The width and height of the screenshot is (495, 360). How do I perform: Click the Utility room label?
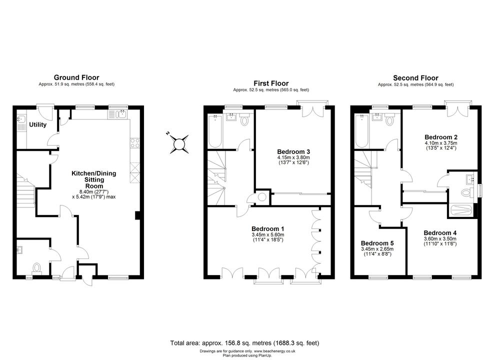pos(38,124)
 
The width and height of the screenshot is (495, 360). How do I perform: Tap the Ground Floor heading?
pos(76,77)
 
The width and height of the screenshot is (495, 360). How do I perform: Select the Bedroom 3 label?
pos(293,151)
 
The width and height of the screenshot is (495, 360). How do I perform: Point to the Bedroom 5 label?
pos(377,243)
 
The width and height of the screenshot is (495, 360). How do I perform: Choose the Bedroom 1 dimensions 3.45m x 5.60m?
pos(268,234)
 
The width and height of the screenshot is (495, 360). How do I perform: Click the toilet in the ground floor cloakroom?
pos(37,268)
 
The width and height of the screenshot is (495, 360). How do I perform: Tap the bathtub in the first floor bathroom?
pos(215,131)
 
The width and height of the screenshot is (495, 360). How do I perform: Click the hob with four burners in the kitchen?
pos(135,143)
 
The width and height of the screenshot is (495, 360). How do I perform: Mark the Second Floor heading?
pos(416,78)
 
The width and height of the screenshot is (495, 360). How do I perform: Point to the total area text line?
pos(244,342)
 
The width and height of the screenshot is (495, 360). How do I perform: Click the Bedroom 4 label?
pos(440,232)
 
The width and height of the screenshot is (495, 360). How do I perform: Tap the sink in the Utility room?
pos(21,119)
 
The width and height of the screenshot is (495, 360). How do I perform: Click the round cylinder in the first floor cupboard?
pos(262,197)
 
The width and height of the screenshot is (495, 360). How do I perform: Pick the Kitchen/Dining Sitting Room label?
pos(94,179)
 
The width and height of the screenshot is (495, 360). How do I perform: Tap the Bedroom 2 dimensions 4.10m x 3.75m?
pos(441,142)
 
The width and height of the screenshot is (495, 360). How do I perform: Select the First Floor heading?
pos(271,83)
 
